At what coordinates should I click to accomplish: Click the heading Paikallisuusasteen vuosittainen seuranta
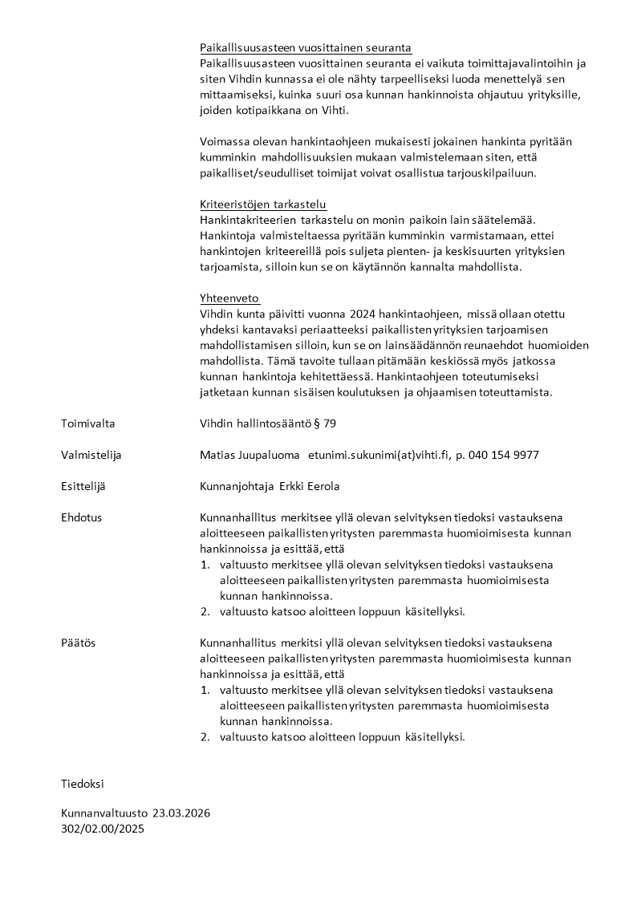305,48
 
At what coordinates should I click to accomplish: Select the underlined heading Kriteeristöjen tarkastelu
262,204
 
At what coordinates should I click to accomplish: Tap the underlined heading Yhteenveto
229,298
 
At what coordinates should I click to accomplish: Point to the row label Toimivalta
87,424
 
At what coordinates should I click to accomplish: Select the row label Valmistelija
91,455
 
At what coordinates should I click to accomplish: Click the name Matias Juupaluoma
250,455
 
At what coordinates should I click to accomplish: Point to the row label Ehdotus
81,517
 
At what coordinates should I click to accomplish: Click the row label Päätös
78,643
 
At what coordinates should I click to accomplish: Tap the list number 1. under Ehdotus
205,565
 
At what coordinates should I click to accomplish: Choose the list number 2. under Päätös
205,736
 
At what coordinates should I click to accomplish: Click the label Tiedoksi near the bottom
83,783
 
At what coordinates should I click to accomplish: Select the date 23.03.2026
181,813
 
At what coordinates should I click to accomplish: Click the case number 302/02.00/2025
103,829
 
